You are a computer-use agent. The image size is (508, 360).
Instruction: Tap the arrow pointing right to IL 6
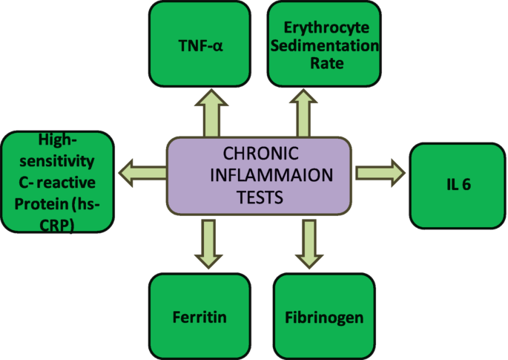[379, 173]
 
